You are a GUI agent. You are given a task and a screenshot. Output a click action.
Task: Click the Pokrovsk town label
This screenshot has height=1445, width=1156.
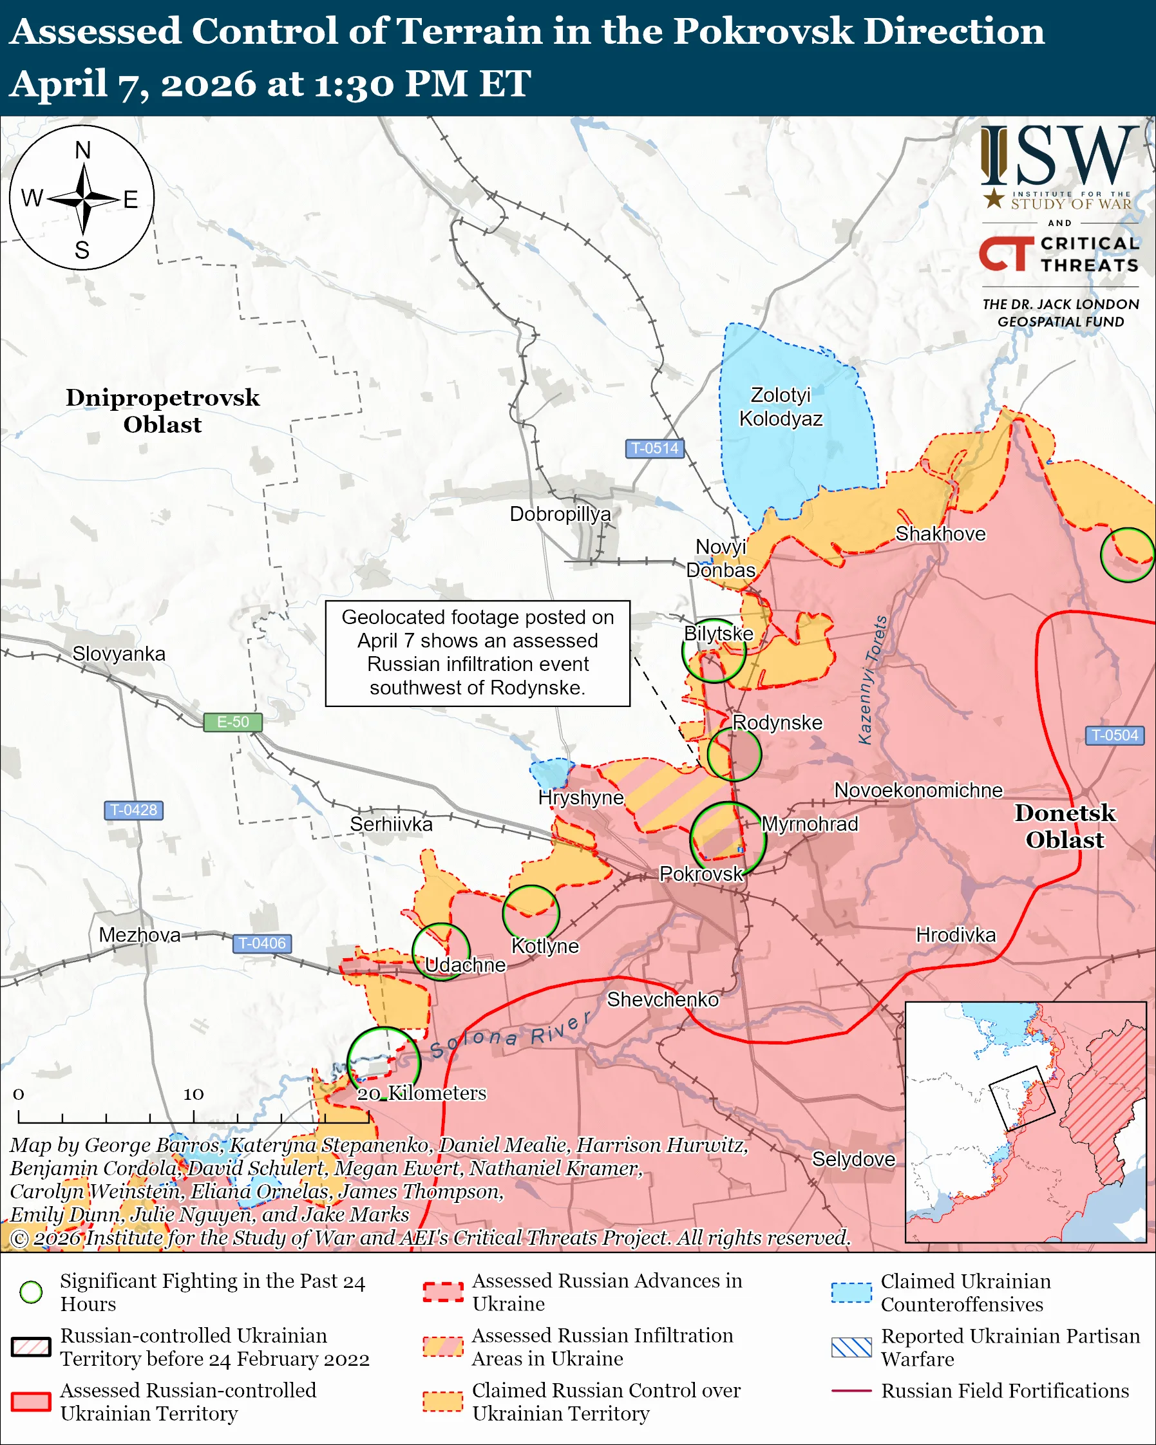pyautogui.click(x=701, y=874)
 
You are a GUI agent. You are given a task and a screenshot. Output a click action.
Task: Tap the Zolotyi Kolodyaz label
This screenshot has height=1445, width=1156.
pyautogui.click(x=781, y=407)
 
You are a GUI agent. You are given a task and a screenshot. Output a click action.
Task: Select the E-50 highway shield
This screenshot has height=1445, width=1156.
pyautogui.click(x=232, y=722)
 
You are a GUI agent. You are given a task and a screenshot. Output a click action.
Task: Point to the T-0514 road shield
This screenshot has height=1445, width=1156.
pyautogui.click(x=655, y=448)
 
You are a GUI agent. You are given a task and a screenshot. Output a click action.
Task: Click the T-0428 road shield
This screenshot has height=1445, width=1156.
pyautogui.click(x=133, y=809)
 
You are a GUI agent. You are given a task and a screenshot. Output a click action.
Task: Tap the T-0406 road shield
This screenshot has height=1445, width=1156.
pyautogui.click(x=262, y=943)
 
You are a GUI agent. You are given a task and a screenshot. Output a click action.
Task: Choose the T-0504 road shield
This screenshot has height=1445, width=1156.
pyautogui.click(x=1114, y=735)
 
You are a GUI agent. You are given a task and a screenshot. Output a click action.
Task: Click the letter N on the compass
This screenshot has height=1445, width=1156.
pyautogui.click(x=82, y=151)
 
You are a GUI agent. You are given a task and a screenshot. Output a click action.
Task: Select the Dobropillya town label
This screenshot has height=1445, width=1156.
pyautogui.click(x=560, y=514)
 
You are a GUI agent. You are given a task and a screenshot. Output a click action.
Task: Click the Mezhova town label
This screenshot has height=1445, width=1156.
pyautogui.click(x=139, y=935)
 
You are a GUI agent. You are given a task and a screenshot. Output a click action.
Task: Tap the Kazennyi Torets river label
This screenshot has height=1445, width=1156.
pyautogui.click(x=873, y=679)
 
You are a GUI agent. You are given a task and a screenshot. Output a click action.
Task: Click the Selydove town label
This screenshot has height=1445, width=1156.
pyautogui.click(x=853, y=1159)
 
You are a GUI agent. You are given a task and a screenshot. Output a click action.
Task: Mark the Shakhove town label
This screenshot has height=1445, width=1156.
pyautogui.click(x=941, y=534)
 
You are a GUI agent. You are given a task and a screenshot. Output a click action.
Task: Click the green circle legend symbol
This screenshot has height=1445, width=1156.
pyautogui.click(x=31, y=1292)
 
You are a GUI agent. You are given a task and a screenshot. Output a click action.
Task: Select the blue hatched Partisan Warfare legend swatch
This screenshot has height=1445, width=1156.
pyautogui.click(x=851, y=1347)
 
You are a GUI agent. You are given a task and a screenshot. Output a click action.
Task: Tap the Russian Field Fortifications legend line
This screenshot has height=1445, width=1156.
pyautogui.click(x=851, y=1391)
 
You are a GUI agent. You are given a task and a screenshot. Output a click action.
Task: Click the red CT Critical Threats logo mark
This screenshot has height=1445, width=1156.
pyautogui.click(x=1006, y=254)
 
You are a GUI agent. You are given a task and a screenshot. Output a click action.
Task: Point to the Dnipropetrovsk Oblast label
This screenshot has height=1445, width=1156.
pyautogui.click(x=162, y=411)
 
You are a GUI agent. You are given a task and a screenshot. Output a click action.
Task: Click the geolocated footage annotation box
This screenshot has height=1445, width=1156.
pyautogui.click(x=477, y=653)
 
